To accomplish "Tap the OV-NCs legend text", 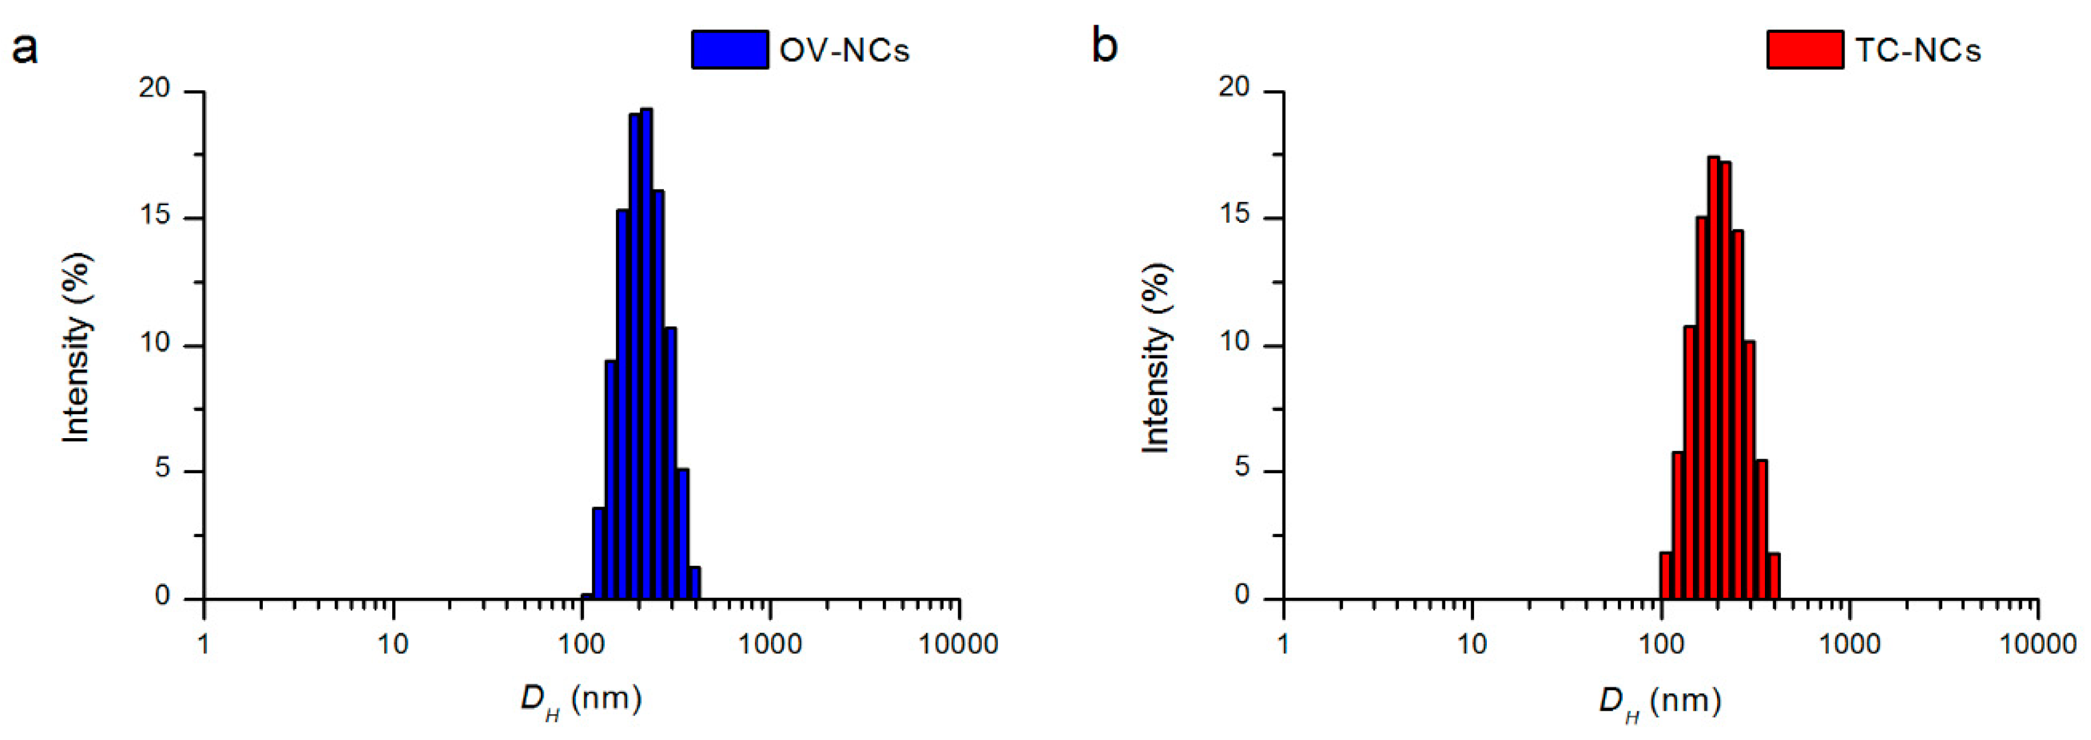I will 844,50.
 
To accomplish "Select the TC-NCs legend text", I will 1917,50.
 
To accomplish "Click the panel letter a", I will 25,47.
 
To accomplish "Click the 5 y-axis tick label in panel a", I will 163,469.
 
